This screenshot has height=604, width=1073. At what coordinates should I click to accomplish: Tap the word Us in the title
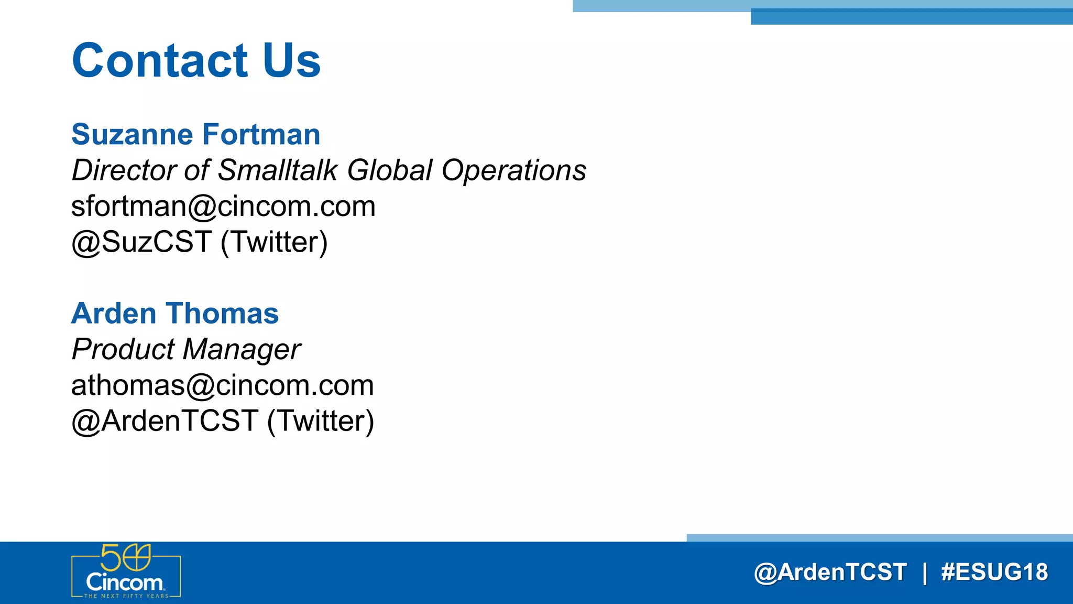click(x=291, y=61)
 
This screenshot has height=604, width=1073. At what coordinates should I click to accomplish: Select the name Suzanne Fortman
click(x=195, y=134)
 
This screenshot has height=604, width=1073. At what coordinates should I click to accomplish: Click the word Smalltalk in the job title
click(x=278, y=170)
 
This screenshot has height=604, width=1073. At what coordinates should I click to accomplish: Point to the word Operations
click(x=513, y=170)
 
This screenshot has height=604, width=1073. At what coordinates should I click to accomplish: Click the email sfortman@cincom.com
click(x=223, y=206)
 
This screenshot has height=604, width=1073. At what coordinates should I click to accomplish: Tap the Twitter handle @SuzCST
click(x=141, y=242)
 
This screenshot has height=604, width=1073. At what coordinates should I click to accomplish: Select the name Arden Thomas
click(x=175, y=314)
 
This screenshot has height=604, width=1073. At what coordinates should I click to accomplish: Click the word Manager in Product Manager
click(x=241, y=350)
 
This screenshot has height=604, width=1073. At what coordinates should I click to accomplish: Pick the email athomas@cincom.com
click(x=222, y=385)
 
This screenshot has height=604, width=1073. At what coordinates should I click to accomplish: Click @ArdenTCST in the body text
click(x=165, y=421)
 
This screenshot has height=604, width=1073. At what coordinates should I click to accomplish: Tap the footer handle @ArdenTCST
click(x=830, y=572)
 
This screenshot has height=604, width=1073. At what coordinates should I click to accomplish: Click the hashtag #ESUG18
click(x=994, y=572)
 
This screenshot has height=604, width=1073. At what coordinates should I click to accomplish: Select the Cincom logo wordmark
click(x=125, y=583)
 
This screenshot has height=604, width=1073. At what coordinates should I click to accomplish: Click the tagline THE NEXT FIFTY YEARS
click(x=126, y=596)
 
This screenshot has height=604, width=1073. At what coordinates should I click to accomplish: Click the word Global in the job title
click(x=389, y=170)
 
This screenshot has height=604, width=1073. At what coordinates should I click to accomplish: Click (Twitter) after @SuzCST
click(x=274, y=242)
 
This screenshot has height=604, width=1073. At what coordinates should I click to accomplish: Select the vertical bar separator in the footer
click(x=924, y=572)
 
